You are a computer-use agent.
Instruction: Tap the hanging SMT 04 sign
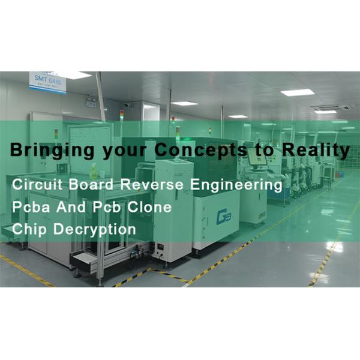(48, 82)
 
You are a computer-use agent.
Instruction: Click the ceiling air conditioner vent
(331, 107)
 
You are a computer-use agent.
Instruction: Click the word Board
(90, 185)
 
